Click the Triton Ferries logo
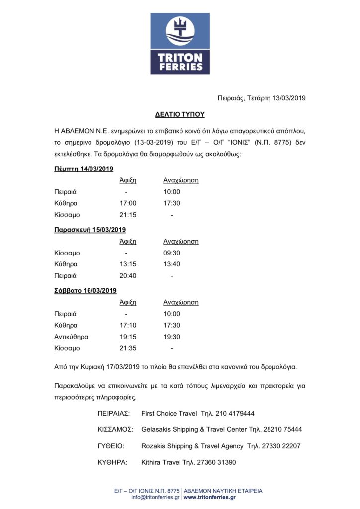click(x=180, y=44)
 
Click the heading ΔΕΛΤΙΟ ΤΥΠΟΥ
click(x=180, y=114)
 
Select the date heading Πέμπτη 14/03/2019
click(x=84, y=169)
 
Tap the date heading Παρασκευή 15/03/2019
click(x=90, y=230)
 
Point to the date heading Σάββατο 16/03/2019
click(x=85, y=290)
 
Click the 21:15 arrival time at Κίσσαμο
click(x=128, y=215)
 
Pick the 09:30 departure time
click(x=172, y=253)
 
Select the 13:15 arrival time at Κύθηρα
click(x=128, y=264)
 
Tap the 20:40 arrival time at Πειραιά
click(x=128, y=276)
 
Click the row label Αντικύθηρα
click(x=71, y=337)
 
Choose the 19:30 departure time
click(x=172, y=337)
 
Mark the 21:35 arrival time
click(x=128, y=348)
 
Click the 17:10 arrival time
click(x=128, y=325)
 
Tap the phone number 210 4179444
click(x=236, y=413)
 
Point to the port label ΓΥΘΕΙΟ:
click(x=111, y=446)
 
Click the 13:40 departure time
click(x=172, y=264)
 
